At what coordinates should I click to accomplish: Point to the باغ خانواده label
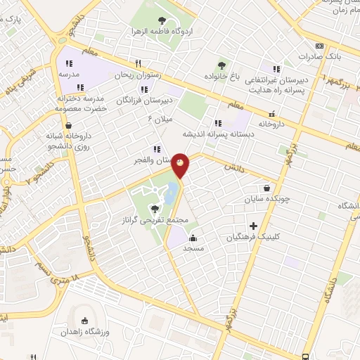pos(224,75)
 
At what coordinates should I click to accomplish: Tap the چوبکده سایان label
pos(266,200)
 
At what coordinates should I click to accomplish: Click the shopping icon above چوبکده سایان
pos(266,188)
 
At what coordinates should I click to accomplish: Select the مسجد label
pos(193,249)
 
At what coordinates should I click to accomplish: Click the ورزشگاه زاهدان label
pos(87,331)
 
